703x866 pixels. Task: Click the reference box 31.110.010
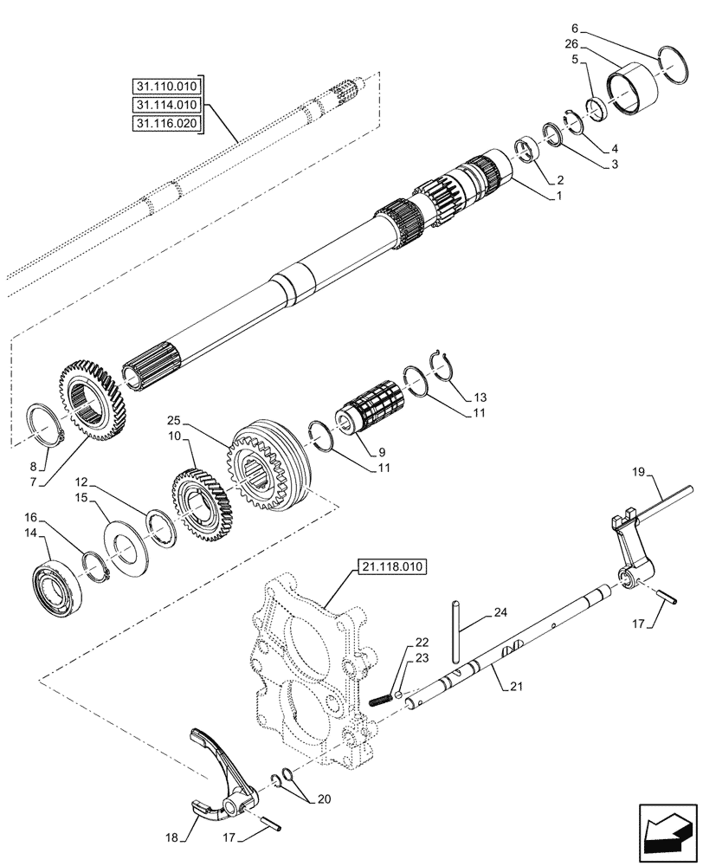(x=166, y=87)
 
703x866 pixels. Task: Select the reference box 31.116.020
(x=166, y=124)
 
